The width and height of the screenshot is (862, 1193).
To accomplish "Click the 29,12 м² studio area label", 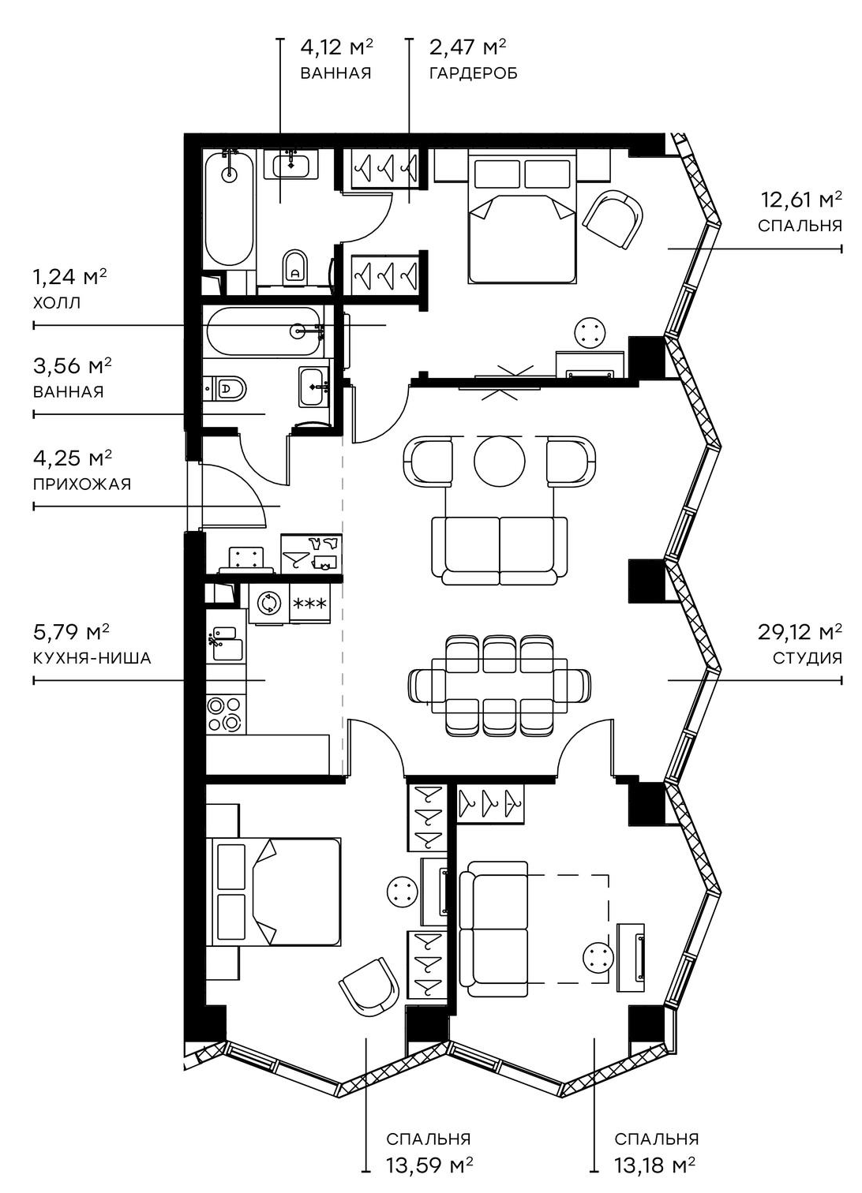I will [x=800, y=632].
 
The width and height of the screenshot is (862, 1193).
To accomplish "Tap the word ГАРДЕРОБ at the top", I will [x=473, y=74].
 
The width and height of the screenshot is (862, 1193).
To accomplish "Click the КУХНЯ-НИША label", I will [x=92, y=657].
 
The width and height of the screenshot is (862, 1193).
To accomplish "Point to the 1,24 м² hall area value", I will [x=69, y=277].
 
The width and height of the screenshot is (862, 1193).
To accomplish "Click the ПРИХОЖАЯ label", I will [x=82, y=484].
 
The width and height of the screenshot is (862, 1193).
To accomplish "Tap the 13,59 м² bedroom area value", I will [x=429, y=1165].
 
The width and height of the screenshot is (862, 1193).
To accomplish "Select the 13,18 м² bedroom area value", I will [x=654, y=1165].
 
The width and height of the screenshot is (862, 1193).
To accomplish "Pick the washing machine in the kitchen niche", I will [x=269, y=604].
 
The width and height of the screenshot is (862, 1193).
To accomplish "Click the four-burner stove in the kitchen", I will [x=225, y=712].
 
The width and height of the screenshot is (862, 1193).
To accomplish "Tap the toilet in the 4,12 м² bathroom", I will [x=295, y=267].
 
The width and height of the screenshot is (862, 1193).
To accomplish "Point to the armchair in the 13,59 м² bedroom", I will [x=369, y=986].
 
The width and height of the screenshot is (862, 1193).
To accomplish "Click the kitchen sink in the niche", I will [x=226, y=643].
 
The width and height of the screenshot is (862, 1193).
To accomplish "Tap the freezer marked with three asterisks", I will [x=310, y=604].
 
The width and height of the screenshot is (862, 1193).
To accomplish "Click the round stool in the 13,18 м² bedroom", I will [x=598, y=958].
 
